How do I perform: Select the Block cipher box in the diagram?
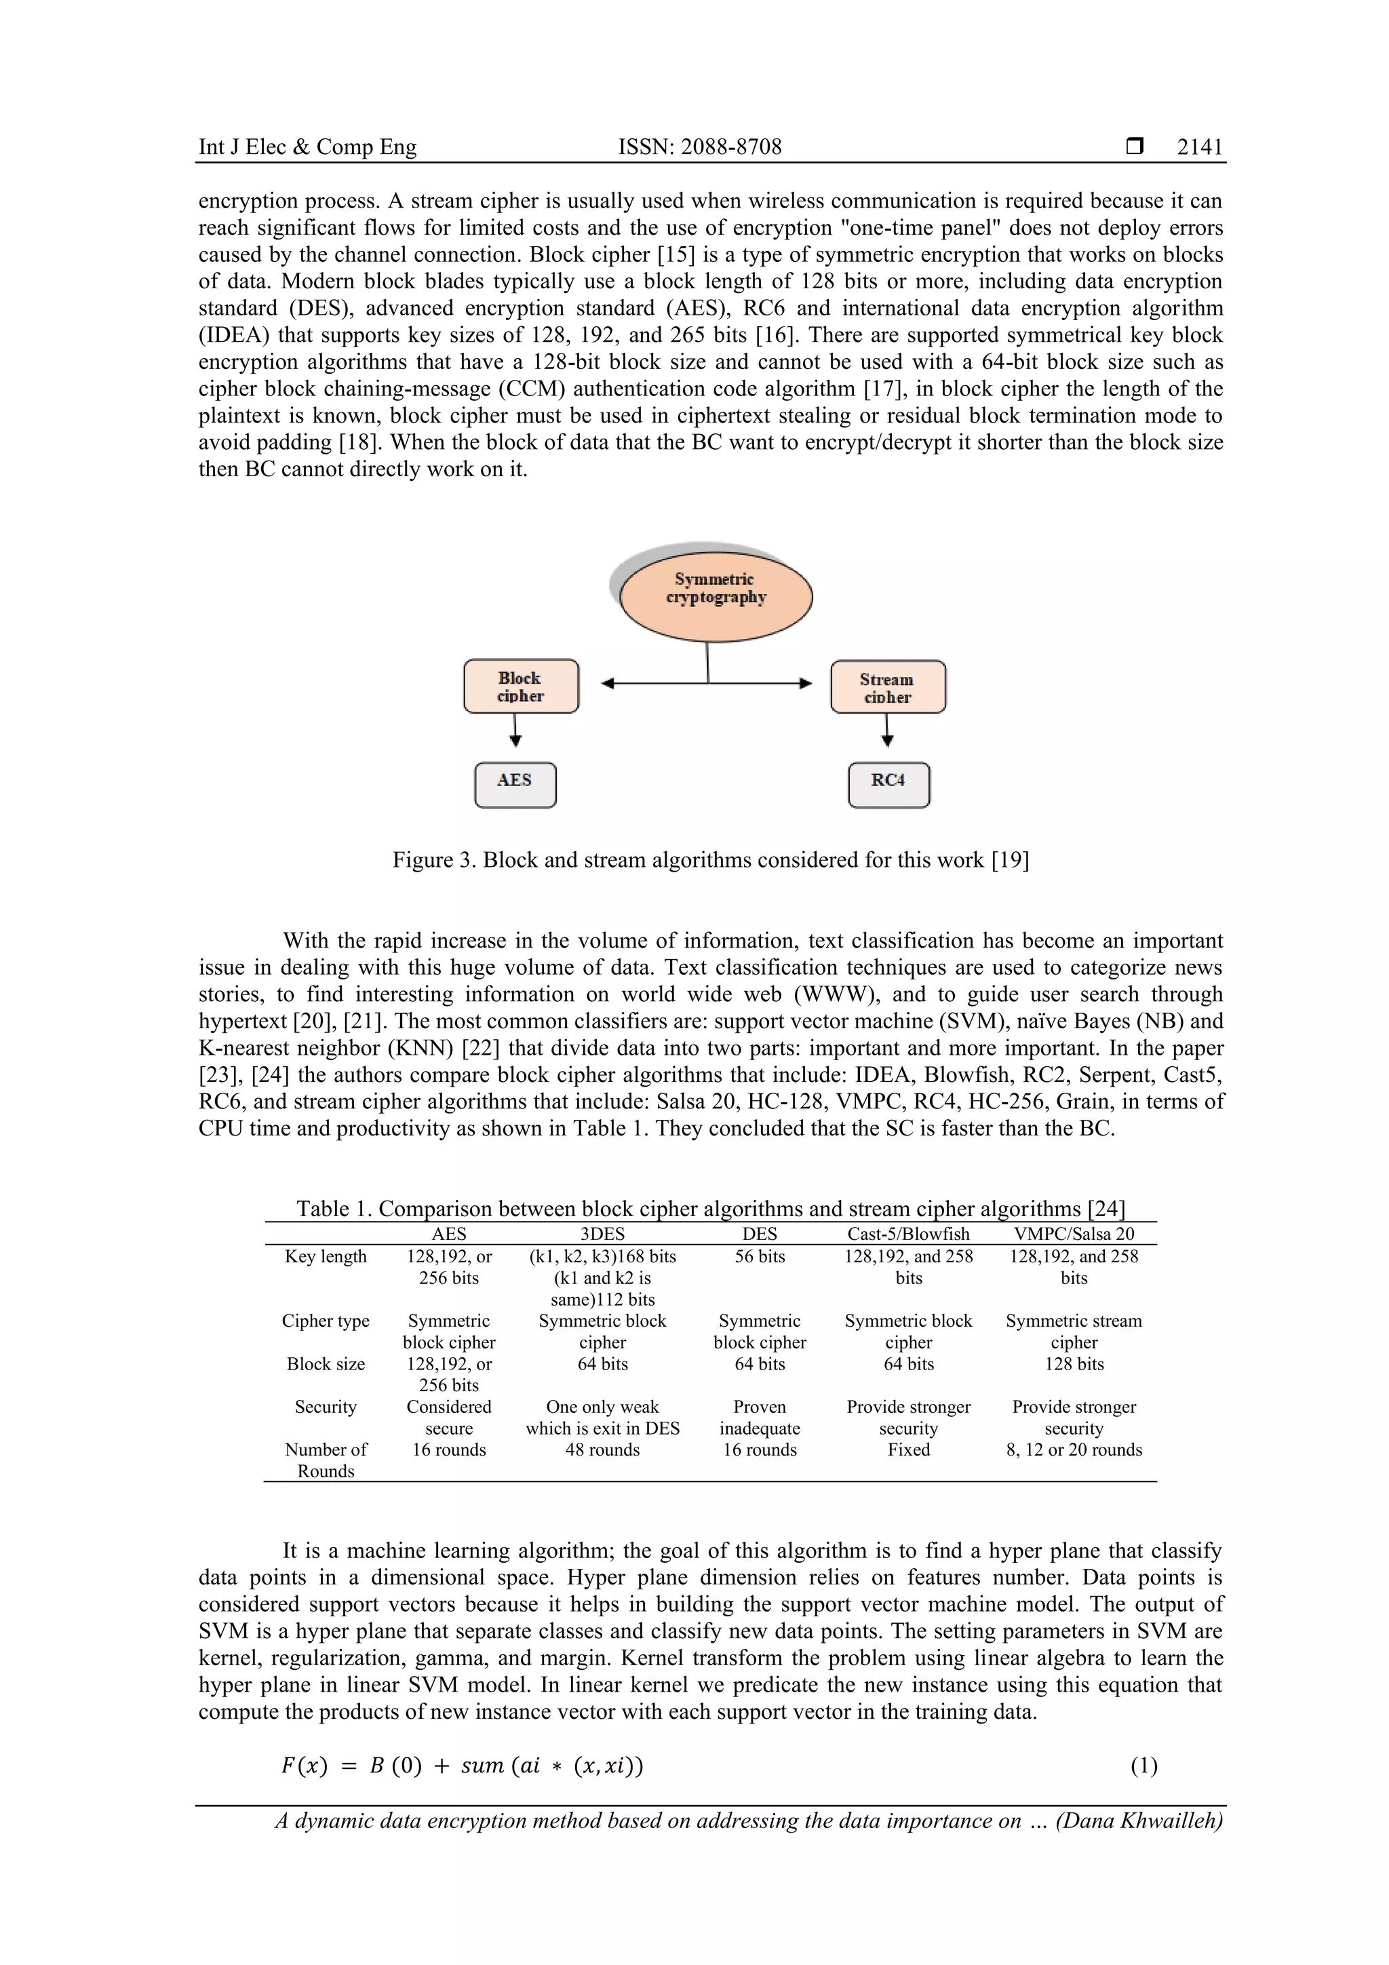pos(521,686)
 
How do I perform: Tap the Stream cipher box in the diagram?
pos(888,686)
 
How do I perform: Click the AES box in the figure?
pos(515,784)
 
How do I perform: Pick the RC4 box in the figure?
pos(888,784)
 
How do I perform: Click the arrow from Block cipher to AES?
pos(515,730)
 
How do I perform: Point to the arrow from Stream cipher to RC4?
pos(888,730)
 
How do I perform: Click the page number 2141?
pos(1199,147)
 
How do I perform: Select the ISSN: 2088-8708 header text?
pos(699,147)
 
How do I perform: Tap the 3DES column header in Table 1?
pos(602,1233)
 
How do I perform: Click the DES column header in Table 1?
pos(759,1233)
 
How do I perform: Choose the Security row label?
pos(326,1406)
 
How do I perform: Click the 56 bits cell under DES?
pos(759,1256)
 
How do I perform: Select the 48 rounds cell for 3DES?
pos(602,1449)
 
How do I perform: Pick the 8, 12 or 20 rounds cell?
pos(1073,1449)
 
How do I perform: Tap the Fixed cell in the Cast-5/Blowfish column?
pos(908,1449)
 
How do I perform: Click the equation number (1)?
pos(1143,1765)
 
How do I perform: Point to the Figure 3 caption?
pos(710,859)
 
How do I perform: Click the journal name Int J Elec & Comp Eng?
pos(307,147)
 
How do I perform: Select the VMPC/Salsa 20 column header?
pos(1073,1233)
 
